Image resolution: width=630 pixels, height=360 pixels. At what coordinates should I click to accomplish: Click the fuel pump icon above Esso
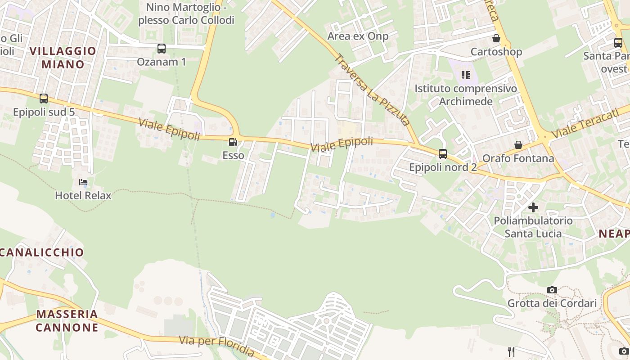coord(233,143)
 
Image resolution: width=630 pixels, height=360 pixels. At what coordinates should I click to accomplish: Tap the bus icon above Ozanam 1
coord(161,49)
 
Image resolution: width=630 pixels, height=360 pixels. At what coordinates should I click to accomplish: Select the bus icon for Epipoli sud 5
coord(44,99)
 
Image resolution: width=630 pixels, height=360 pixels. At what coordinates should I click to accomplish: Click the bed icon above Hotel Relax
coord(83,182)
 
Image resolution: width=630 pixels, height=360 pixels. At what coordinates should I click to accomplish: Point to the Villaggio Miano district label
coord(63,58)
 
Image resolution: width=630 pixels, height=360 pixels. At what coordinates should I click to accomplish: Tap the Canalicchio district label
coord(42,252)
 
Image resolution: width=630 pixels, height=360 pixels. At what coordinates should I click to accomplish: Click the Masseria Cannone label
coord(67,320)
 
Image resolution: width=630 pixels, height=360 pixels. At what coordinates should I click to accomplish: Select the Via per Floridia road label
coord(217,346)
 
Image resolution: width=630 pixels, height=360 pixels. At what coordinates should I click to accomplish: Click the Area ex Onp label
coord(358,36)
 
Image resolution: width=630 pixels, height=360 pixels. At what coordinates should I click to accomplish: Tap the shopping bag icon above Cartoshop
coord(496,38)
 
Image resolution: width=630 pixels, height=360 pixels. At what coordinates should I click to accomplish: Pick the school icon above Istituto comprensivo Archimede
coord(466,75)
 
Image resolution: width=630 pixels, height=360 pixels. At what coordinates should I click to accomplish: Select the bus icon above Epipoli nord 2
coord(443,154)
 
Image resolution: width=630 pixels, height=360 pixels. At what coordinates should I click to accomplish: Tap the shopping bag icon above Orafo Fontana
coord(518,145)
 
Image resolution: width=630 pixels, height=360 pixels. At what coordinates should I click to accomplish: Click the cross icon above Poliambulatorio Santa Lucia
coord(533,207)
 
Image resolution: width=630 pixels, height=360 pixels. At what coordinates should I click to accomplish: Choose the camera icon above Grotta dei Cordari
coord(552,290)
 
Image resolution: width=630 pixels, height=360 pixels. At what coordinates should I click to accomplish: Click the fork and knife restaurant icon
coord(511,351)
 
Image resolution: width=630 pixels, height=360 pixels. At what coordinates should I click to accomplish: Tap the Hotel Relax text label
coord(83,195)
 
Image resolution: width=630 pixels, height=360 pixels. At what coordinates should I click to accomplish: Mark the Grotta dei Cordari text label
coord(552,303)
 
